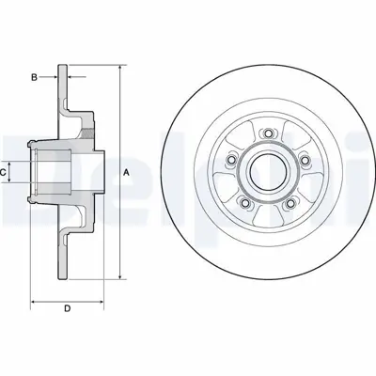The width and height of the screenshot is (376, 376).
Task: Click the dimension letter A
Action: click(128, 171)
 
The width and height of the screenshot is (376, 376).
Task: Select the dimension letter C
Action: click(5, 172)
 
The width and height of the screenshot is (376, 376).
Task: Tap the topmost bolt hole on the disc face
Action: click(267, 132)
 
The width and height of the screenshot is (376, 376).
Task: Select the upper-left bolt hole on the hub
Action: click(231, 159)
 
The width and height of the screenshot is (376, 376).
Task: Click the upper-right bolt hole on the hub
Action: click(303, 159)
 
